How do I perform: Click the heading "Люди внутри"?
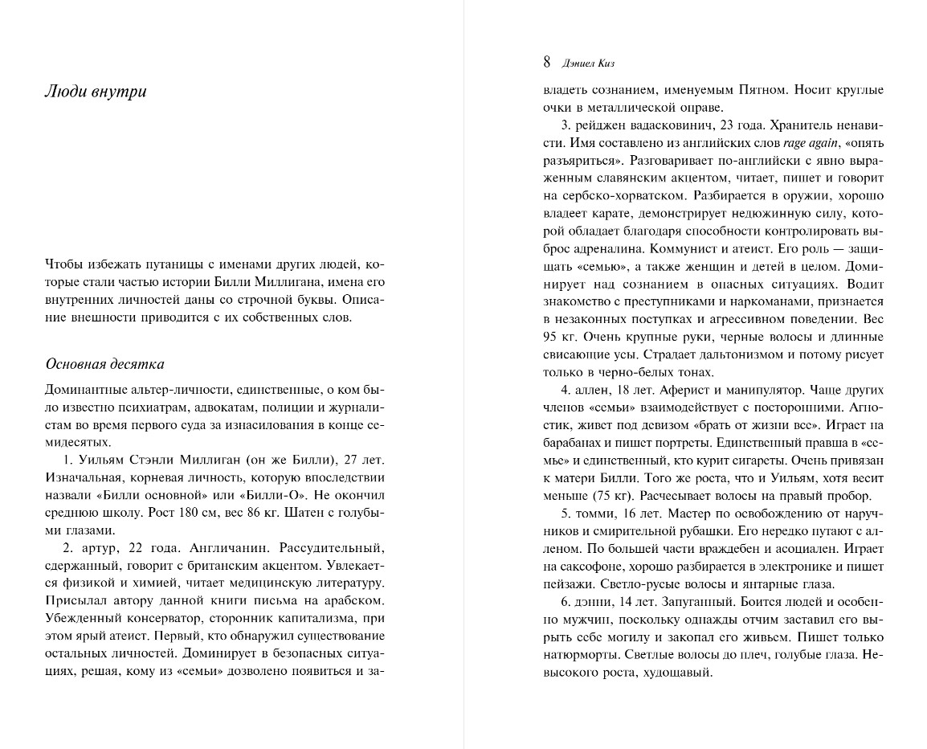coord(95,92)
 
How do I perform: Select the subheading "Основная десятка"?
coord(104,364)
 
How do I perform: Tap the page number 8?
coord(546,61)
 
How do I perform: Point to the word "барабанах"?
coord(571,443)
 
